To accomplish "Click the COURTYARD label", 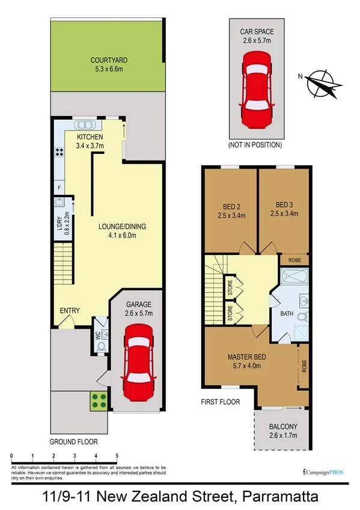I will tap(109, 60).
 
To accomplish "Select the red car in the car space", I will tap(255, 90).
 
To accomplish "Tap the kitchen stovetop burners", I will tap(59, 152).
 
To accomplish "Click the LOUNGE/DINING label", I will tap(123, 227).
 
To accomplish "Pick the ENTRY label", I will tap(70, 311).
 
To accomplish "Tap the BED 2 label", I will tap(229, 204).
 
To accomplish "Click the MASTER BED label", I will tap(246, 357).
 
